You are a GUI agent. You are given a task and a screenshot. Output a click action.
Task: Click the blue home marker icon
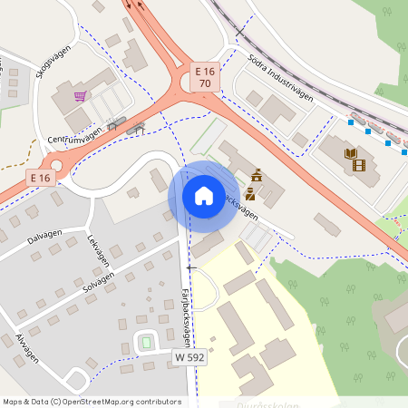pos(203,195)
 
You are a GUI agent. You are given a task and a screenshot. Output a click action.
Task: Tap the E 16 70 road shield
pos(205,77)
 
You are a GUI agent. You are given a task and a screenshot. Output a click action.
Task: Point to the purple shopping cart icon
pos(81,95)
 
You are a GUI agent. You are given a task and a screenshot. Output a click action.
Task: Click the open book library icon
pos(350,153)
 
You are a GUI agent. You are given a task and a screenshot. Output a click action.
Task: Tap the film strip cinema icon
pos(360,164)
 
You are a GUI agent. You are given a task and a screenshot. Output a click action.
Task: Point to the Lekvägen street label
pos(98,250)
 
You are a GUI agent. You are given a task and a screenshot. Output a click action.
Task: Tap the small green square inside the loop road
pos(144,343)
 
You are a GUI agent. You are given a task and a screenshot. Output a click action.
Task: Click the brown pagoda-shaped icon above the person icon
pos(257,174)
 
